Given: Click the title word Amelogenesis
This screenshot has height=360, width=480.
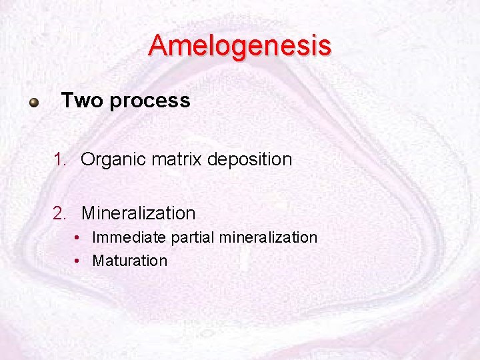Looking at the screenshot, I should (239, 46).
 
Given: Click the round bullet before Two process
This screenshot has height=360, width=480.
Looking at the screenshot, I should (33, 103).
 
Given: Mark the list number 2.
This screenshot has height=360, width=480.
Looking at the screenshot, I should (61, 213).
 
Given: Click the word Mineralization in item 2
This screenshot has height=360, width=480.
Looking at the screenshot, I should (138, 213).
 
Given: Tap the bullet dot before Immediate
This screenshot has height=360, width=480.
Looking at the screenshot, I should (78, 238).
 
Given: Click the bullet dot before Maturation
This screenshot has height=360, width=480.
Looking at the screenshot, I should (78, 261).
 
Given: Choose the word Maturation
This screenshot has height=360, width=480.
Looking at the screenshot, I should (129, 261).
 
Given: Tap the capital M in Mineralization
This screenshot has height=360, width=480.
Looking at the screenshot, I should (88, 213).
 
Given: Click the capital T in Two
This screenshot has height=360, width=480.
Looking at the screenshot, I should (66, 101).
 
